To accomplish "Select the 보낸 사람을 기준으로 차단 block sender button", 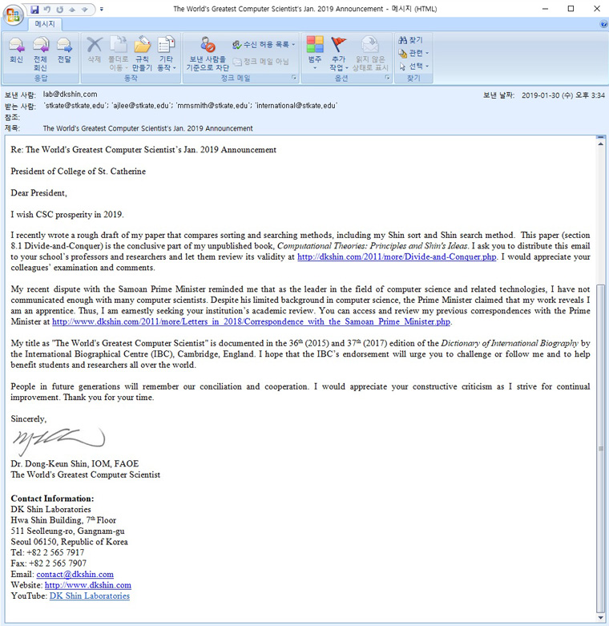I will pyautogui.click(x=208, y=53).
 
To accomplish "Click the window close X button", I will pyautogui.click(x=594, y=9).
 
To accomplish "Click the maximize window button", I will pyautogui.click(x=571, y=9).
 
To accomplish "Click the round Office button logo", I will pyautogui.click(x=14, y=16).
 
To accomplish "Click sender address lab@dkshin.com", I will pyautogui.click(x=70, y=95).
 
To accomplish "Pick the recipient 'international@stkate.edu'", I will pyautogui.click(x=296, y=106).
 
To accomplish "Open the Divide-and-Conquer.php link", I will pyautogui.click(x=397, y=257).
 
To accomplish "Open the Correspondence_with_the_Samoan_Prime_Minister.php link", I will pyautogui.click(x=251, y=321).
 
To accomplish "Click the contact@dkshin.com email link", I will pyautogui.click(x=75, y=574).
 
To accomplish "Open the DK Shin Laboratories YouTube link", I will pyautogui.click(x=89, y=596).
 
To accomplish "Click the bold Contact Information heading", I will pyautogui.click(x=52, y=499).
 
